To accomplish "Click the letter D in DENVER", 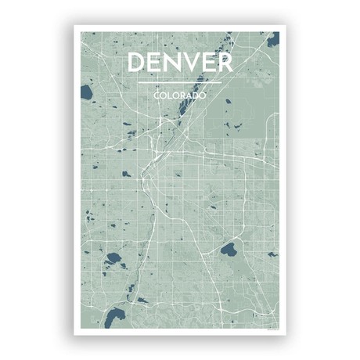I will (x=137, y=63).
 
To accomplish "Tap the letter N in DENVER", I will (x=171, y=63).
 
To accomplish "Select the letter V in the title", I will (x=190, y=63).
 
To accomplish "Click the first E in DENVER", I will (x=155, y=63).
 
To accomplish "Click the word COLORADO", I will (x=180, y=95).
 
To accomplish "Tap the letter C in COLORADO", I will (x=157, y=95).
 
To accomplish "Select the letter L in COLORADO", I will (x=170, y=95).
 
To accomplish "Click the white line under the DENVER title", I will (x=180, y=82).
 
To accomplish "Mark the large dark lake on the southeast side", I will (x=229, y=251).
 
